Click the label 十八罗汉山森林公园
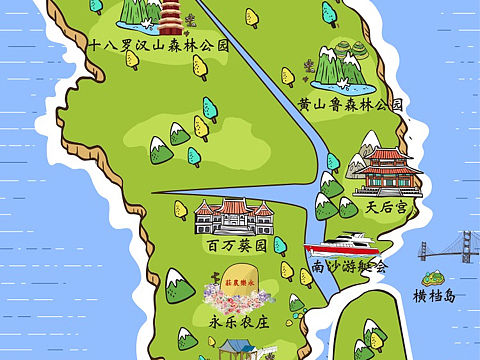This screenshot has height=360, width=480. (159, 45)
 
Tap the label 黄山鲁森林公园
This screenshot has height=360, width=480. (350, 104)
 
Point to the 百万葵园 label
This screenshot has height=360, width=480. (236, 243)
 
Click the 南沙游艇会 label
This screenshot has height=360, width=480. (348, 267)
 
